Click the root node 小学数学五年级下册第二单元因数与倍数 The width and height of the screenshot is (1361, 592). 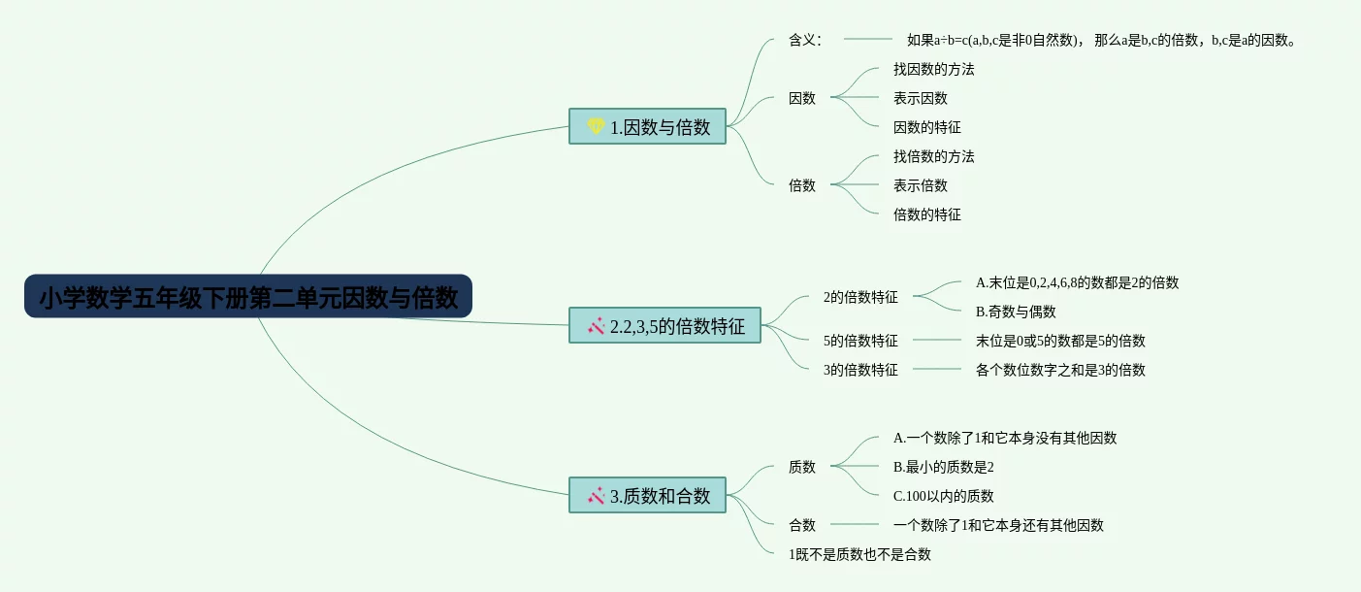(248, 297)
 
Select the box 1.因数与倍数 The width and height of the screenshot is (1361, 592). (647, 126)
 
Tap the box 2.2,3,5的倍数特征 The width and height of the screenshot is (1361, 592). (664, 325)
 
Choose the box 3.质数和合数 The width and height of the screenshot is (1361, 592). (647, 495)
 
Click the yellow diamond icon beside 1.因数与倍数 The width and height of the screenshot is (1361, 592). (596, 126)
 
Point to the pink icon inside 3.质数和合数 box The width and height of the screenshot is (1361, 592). (596, 495)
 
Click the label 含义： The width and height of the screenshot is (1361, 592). (805, 40)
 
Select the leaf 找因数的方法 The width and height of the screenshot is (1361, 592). (933, 69)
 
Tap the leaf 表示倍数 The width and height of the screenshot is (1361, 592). (920, 185)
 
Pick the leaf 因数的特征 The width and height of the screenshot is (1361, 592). (926, 127)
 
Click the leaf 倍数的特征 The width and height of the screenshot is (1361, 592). (926, 214)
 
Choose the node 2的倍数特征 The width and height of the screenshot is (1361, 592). (859, 297)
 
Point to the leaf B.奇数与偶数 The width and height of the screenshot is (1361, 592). (1015, 312)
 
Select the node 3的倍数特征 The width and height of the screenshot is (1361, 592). (859, 370)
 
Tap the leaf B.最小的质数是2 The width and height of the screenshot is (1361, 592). (943, 467)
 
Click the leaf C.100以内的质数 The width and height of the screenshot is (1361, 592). (943, 496)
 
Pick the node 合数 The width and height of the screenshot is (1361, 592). (802, 525)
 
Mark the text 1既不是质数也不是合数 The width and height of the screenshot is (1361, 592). (859, 554)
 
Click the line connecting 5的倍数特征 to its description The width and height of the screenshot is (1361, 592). (936, 341)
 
